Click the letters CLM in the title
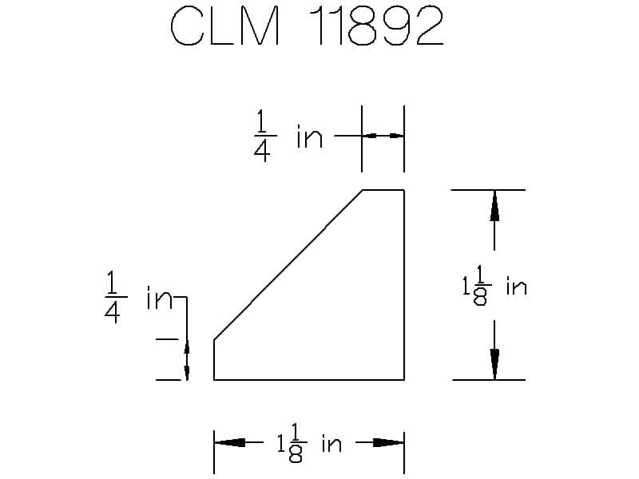coord(225,26)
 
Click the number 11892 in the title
coord(375,26)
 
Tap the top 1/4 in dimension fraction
coord(262,137)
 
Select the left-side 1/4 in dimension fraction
coord(113,297)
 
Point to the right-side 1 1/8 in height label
coord(494,286)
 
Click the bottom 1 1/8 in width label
coord(309,443)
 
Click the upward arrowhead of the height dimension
coord(494,206)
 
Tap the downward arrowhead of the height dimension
coord(494,365)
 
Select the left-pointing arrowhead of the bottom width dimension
coord(229,442)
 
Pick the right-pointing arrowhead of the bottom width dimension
coord(388,442)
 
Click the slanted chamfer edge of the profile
coord(288,265)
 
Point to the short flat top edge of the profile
coord(383,190)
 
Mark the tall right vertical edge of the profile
coord(404,285)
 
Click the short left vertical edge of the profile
coord(214,360)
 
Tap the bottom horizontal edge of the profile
coord(309,380)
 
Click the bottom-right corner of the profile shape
coord(404,380)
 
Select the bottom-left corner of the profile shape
coord(214,380)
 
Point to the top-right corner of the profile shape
coord(404,190)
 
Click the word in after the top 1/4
coord(310,137)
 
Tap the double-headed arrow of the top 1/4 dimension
coord(383,136)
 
